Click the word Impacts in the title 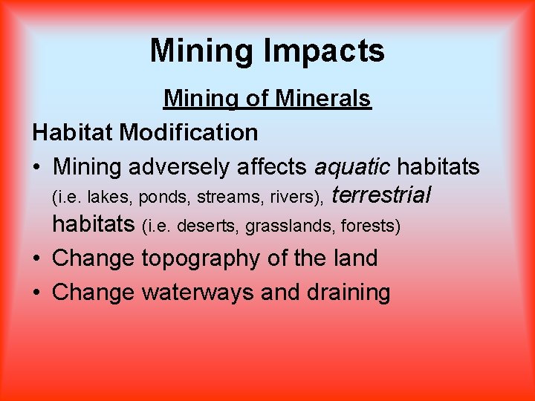coord(324,51)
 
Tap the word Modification coord(189,133)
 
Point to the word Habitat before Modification coord(73,133)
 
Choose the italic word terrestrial coord(381,195)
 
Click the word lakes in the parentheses coord(105,198)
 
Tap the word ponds coord(160,198)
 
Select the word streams coord(221,198)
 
